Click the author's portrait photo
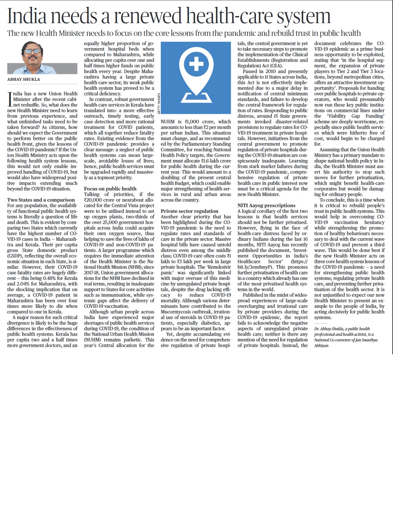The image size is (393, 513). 42,58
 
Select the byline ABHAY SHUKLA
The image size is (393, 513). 24,79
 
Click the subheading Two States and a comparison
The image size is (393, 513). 41,200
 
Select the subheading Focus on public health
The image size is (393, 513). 110,189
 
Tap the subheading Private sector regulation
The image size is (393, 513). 190,211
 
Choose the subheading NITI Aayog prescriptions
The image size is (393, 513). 266,205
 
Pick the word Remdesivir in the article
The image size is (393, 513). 219,267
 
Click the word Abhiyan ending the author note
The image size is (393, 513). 321,346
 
